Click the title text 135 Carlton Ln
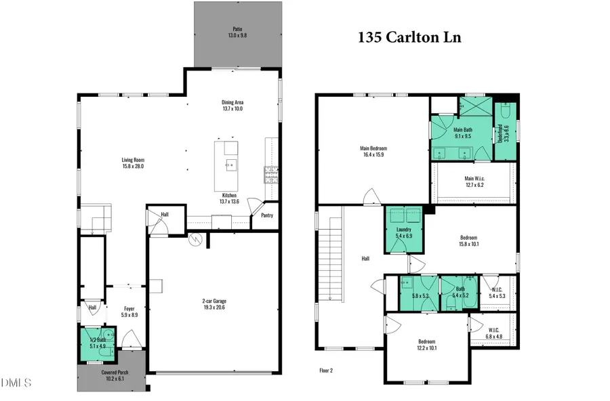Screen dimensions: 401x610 click(409, 37)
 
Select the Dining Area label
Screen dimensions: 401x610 click(232, 105)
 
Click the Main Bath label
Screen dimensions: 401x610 click(463, 133)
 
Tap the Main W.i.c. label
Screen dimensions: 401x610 click(474, 182)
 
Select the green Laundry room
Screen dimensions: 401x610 click(405, 232)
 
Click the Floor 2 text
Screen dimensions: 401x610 click(326, 371)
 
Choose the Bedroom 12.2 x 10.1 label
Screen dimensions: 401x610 click(426, 345)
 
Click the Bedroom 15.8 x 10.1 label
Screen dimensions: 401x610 click(469, 240)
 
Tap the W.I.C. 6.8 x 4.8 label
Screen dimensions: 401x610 click(494, 334)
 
